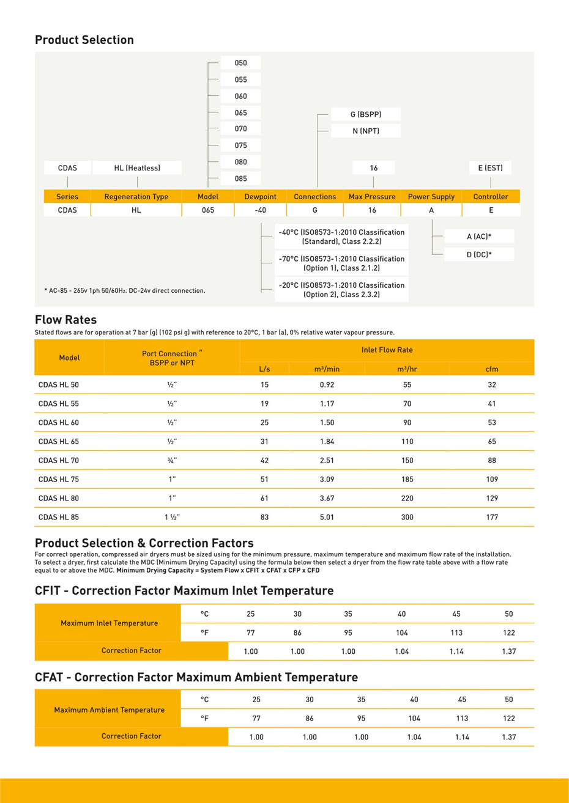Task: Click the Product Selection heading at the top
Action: pos(84,40)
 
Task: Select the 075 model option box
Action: pos(240,145)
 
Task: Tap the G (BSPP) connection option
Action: pos(366,114)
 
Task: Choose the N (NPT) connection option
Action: pos(366,131)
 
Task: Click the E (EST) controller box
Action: pos(490,168)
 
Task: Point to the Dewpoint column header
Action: pos(260,197)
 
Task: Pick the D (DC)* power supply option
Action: pos(479,255)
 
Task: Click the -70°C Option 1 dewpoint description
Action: pos(341,263)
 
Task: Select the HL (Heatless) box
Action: pos(137,168)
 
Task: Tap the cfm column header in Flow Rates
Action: pos(492,369)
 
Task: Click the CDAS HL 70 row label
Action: pos(59,460)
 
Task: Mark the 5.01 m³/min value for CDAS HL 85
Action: pos(327,517)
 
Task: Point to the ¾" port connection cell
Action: pos(172,460)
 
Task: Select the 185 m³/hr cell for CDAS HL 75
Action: pos(407,479)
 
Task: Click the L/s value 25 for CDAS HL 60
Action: pos(264,422)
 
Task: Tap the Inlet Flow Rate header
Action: pos(387,350)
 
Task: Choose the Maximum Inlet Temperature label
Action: pos(109,623)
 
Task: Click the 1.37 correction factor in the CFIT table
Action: pos(508,651)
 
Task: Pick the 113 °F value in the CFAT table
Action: pos(462,719)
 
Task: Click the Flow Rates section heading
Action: pos(65,320)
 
